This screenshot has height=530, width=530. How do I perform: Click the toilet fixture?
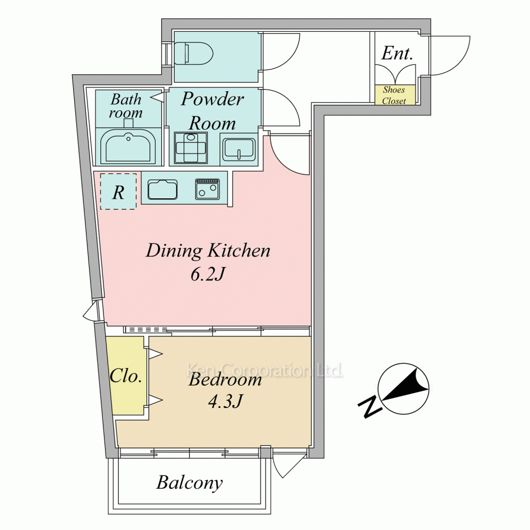tap(193, 53)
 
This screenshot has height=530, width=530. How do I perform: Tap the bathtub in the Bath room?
tap(128, 146)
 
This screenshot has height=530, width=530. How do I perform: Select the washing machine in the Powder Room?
tap(191, 148)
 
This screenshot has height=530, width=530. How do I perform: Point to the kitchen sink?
tap(163, 189)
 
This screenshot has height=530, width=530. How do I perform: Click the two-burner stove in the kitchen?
tap(207, 189)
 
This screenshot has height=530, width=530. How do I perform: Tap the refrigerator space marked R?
tap(118, 192)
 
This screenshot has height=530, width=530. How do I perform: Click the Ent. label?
tap(397, 54)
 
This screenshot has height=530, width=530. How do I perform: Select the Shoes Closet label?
tap(394, 95)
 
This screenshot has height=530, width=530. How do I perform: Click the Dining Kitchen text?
tap(208, 251)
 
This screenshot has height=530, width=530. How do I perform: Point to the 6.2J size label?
tap(208, 275)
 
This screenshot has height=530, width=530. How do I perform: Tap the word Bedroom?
tap(225, 379)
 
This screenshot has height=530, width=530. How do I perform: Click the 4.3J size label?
tap(225, 402)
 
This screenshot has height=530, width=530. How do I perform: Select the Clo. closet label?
tap(126, 376)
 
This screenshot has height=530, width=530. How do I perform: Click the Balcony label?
tap(190, 482)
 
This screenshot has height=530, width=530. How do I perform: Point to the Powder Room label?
tap(213, 111)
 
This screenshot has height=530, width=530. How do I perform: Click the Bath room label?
tap(126, 106)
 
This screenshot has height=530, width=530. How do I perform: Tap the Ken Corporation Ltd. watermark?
tap(265, 370)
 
